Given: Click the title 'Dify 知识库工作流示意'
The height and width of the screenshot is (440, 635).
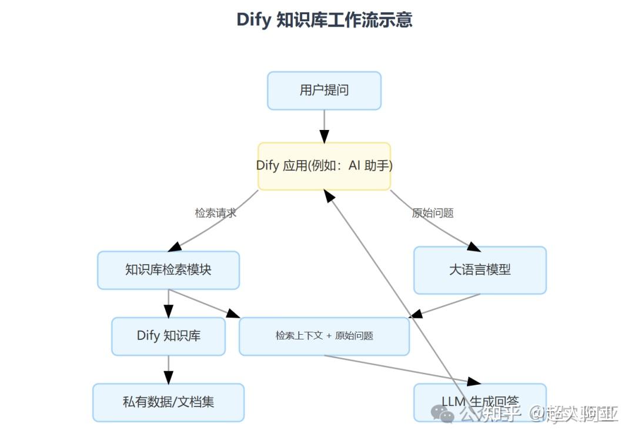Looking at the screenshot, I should [x=324, y=19].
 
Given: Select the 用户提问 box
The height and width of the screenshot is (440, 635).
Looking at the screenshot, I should [x=324, y=91].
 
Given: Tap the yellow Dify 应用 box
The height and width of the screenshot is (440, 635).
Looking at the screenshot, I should [x=324, y=166].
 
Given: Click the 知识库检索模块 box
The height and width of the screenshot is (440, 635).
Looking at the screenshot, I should [x=168, y=270].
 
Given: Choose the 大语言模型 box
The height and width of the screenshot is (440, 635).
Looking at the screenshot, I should [x=480, y=270].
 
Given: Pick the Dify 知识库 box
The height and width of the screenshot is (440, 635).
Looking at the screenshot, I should [x=168, y=336].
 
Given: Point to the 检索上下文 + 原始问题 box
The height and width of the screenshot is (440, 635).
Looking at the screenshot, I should [x=324, y=336].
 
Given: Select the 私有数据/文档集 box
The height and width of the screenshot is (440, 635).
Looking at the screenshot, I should [x=168, y=402].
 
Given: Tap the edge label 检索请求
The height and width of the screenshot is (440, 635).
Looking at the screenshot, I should [x=216, y=213].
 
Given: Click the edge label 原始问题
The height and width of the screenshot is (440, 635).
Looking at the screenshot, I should [x=433, y=213].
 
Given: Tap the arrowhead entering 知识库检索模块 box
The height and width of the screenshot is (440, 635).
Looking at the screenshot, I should [x=175, y=247].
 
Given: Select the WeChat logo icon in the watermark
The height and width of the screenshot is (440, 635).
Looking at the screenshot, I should [x=442, y=414].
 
